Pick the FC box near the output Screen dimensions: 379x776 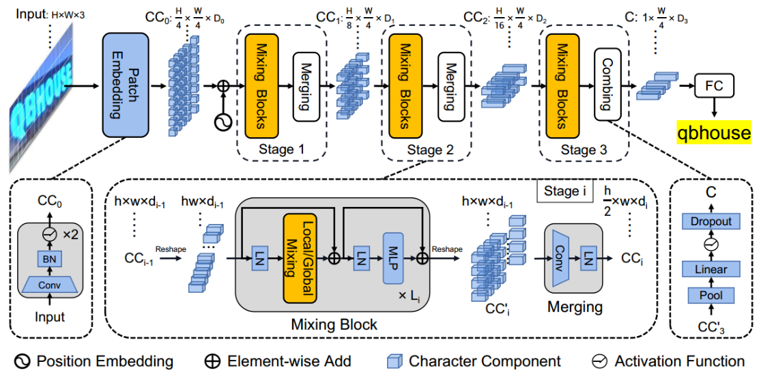(x=713, y=86)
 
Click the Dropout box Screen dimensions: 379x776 (x=711, y=221)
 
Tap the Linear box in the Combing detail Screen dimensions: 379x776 (x=711, y=269)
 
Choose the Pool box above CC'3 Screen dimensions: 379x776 (x=711, y=296)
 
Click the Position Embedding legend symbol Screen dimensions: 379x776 (x=23, y=361)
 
